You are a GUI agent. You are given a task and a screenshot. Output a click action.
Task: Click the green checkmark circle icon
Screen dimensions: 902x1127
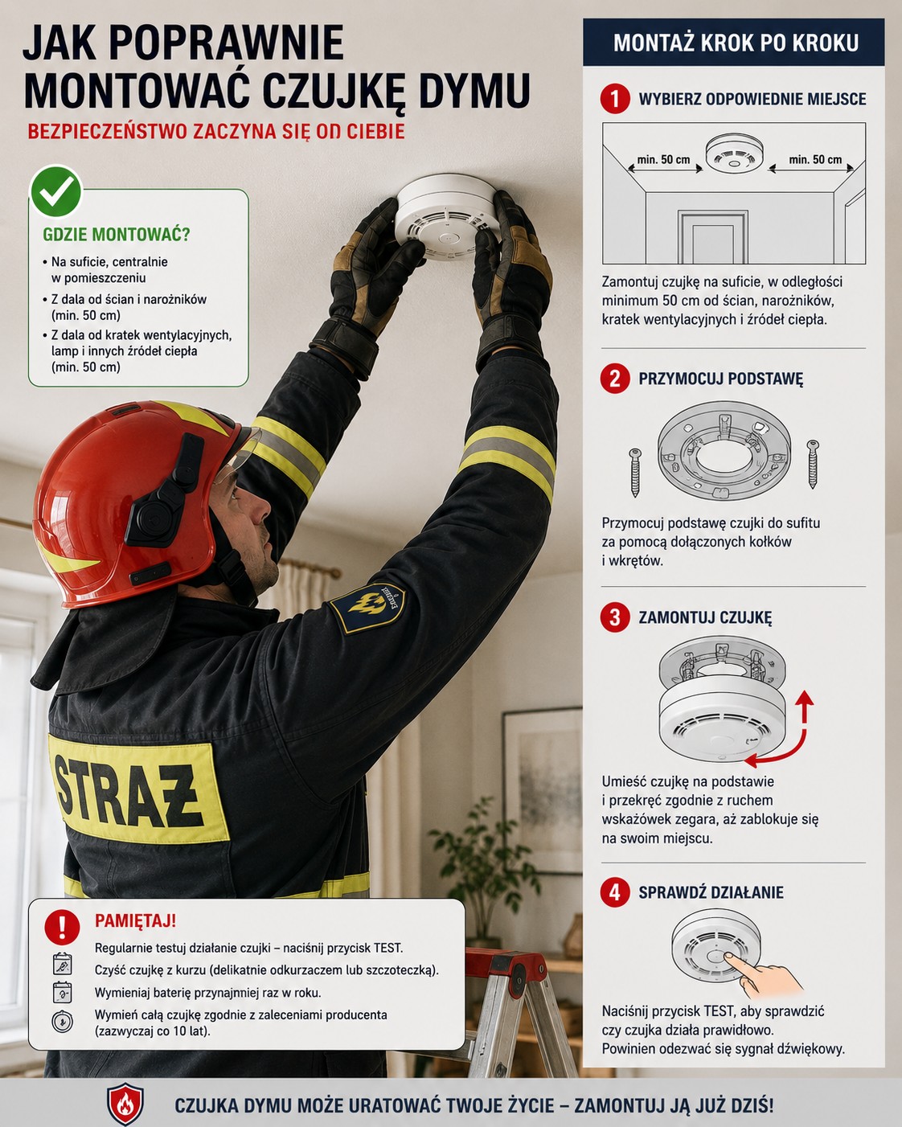coord(56,192)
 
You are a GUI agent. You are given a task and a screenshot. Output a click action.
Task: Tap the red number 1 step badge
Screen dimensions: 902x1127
coord(615,98)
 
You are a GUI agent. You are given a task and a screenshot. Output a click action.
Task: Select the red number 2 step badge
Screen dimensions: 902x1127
coord(615,378)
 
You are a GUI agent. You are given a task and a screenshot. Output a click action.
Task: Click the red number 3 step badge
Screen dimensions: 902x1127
coord(615,617)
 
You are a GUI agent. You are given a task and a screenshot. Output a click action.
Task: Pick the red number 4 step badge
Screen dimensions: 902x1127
coord(615,892)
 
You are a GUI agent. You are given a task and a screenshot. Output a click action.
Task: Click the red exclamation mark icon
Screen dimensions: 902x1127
coord(62,927)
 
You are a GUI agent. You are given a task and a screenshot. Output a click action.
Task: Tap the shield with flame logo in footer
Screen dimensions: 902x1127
coord(125,1104)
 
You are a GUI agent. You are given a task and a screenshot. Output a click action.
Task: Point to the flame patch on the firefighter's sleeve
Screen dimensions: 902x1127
coord(368,608)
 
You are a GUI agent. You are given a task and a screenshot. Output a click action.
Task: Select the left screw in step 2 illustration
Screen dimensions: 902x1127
coord(635,472)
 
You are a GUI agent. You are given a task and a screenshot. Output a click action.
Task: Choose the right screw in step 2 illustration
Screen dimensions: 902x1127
coord(813,464)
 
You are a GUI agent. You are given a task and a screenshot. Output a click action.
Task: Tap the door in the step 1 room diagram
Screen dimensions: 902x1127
coord(713,237)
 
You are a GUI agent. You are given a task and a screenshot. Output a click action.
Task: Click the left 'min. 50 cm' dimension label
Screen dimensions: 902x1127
coord(663,159)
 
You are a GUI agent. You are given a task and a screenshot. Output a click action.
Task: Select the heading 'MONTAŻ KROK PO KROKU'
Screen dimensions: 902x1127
coord(736,43)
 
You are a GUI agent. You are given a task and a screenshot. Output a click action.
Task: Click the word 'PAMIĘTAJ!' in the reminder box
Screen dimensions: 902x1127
coord(135,920)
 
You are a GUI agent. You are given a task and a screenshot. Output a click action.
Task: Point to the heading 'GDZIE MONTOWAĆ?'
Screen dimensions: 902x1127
coord(116,235)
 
